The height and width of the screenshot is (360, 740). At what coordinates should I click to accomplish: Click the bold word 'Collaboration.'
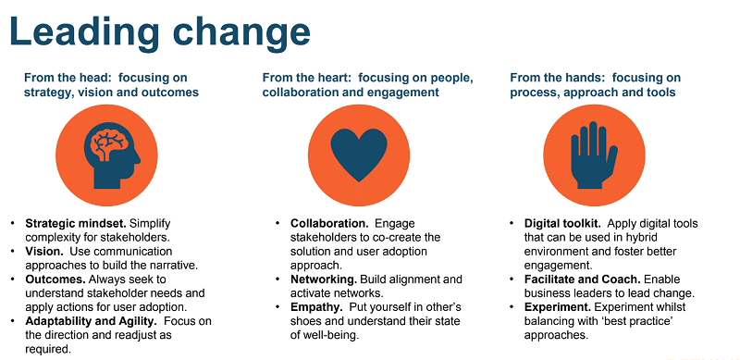coord(329,224)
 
